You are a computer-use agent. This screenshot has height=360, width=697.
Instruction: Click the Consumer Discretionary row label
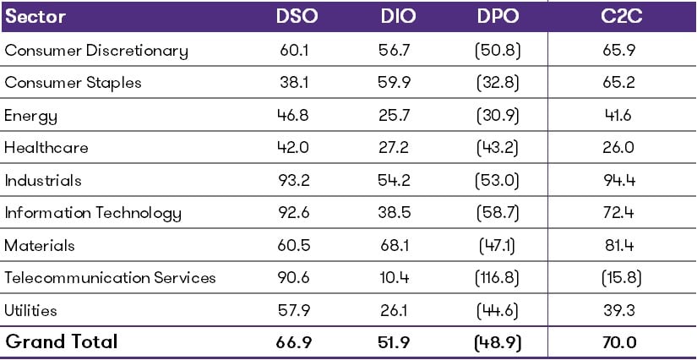[x=96, y=51]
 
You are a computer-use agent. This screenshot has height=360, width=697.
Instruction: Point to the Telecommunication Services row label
[x=111, y=278]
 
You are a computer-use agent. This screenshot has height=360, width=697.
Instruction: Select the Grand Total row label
[x=62, y=342]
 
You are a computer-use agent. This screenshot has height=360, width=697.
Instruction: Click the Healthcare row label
[x=46, y=148]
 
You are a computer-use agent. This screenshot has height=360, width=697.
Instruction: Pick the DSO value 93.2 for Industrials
[x=295, y=180]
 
